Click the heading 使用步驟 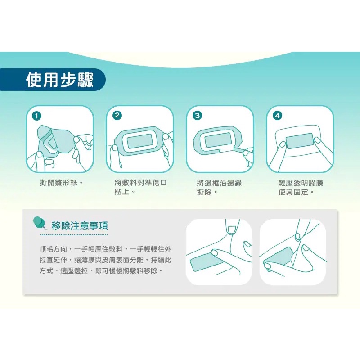(60, 80)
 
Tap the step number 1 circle (37, 116)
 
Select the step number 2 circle (117, 116)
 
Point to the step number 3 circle (197, 116)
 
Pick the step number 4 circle (277, 116)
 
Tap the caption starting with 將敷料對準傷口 (140, 187)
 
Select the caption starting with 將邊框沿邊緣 (219, 187)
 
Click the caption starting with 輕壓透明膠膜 (301, 187)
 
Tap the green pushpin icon (40, 223)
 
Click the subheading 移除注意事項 (80, 226)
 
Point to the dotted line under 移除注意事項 (74, 235)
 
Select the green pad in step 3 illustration (218, 140)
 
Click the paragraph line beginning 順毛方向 (105, 249)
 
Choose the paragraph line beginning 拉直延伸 (105, 260)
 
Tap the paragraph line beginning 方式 (101, 271)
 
